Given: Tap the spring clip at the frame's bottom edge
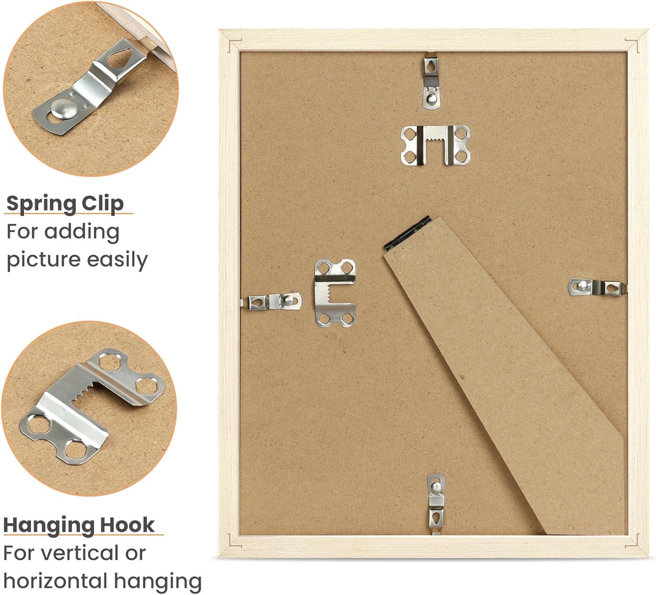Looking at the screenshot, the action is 436,504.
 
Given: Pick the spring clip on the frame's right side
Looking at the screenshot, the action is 597,287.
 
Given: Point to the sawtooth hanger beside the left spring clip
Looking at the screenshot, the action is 335,293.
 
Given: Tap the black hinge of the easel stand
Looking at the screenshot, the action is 406,233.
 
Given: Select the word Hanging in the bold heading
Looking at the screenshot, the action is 49,526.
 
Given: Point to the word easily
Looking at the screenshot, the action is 117,261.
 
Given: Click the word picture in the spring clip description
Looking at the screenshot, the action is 44,261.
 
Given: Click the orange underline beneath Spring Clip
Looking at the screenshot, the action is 68,213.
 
